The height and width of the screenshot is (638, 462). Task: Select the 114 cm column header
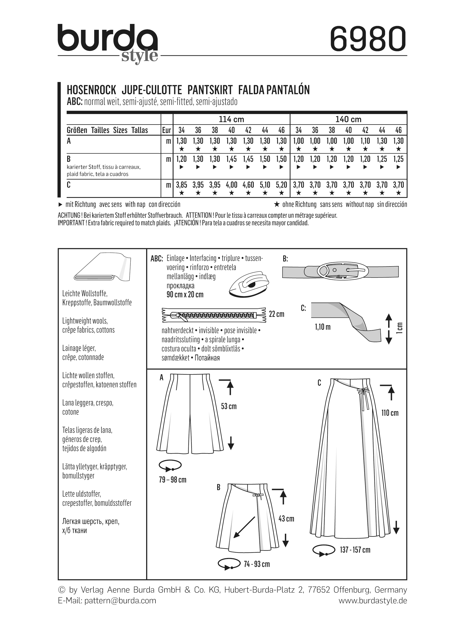pos(231,119)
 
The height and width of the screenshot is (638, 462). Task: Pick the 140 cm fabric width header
pos(348,119)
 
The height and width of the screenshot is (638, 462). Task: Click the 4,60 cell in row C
pos(248,185)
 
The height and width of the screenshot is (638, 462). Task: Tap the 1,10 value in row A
pos(365,141)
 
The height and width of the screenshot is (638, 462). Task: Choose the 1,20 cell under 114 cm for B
pos(181,159)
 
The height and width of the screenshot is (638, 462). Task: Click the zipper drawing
pos(214,315)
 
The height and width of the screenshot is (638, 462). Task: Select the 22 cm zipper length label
pos(277,314)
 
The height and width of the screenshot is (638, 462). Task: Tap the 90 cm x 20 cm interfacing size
pos(185,295)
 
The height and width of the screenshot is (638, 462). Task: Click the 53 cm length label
pos(229,406)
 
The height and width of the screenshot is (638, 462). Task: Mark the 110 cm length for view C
pos(390,413)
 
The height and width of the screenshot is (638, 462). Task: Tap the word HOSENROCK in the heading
pos(91,90)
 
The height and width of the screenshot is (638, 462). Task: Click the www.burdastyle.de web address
pos(373,601)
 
